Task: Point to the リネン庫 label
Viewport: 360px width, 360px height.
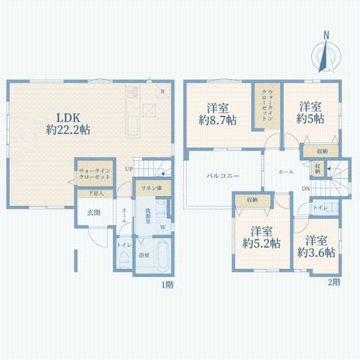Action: click(152, 188)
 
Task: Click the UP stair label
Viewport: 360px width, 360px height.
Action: click(129, 169)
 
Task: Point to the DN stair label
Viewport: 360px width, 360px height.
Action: click(305, 190)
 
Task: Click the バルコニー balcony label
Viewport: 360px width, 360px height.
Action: click(223, 176)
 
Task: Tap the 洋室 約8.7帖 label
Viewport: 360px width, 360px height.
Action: click(218, 114)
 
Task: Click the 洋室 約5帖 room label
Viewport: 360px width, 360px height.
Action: click(311, 113)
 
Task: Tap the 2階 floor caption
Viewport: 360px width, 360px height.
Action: click(334, 281)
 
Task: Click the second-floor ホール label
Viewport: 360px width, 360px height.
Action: click(286, 172)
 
